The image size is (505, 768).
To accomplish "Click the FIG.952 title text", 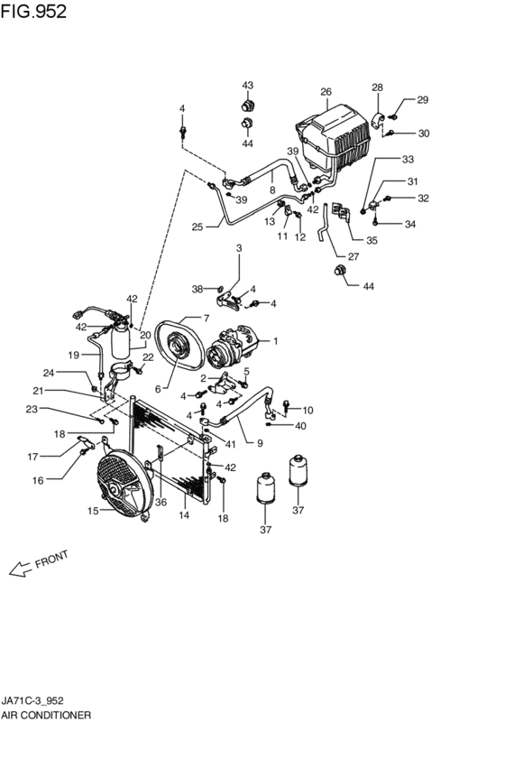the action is tap(33, 11).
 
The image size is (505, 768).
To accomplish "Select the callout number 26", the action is tap(326, 91).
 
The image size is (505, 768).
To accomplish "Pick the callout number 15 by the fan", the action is tap(94, 511).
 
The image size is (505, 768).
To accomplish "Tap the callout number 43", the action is tap(248, 85).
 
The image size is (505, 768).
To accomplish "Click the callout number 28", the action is tap(377, 88).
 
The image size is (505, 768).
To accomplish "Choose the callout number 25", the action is tap(197, 227).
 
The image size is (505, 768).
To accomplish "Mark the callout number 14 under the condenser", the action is tap(184, 515).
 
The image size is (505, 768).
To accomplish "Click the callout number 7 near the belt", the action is tap(206, 319).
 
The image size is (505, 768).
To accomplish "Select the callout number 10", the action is tap(308, 411).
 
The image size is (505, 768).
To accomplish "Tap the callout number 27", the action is tap(353, 256).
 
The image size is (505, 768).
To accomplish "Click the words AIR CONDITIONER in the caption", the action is tap(46, 716).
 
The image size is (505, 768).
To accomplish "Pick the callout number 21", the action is tap(38, 391).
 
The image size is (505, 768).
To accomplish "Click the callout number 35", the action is tap(372, 240).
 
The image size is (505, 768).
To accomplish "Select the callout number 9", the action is tap(260, 443).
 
